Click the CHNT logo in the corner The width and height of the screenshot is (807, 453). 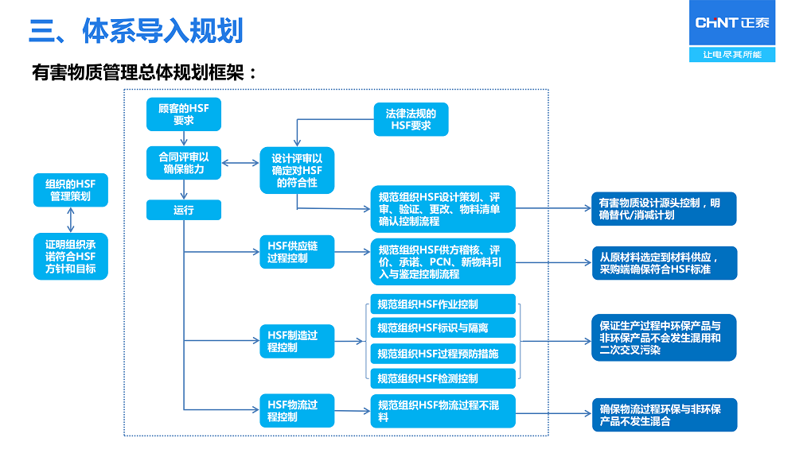pyautogui.click(x=731, y=23)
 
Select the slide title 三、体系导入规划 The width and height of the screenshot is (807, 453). pyautogui.click(x=135, y=30)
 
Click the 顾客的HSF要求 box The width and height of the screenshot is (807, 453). pyautogui.click(x=184, y=114)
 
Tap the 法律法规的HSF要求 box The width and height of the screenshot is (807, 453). pyautogui.click(x=411, y=119)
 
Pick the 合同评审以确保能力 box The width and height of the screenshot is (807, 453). pyautogui.click(x=184, y=162)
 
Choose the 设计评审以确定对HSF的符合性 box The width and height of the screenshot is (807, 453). pyautogui.click(x=297, y=169)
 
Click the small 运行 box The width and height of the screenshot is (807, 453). pyautogui.click(x=184, y=211)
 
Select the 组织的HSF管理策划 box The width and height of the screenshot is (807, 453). pyautogui.click(x=71, y=190)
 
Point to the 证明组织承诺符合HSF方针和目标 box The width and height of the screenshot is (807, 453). pyautogui.click(x=71, y=256)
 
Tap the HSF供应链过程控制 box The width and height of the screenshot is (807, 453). pyautogui.click(x=297, y=252)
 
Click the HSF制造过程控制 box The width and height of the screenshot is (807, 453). pyautogui.click(x=297, y=341)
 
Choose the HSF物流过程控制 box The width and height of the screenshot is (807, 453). pyautogui.click(x=297, y=410)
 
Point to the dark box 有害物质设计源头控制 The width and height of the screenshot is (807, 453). pyautogui.click(x=663, y=209)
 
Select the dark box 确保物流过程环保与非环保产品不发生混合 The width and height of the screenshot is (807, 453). pyautogui.click(x=663, y=415)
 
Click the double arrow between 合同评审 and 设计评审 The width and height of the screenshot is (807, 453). pyautogui.click(x=241, y=163)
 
